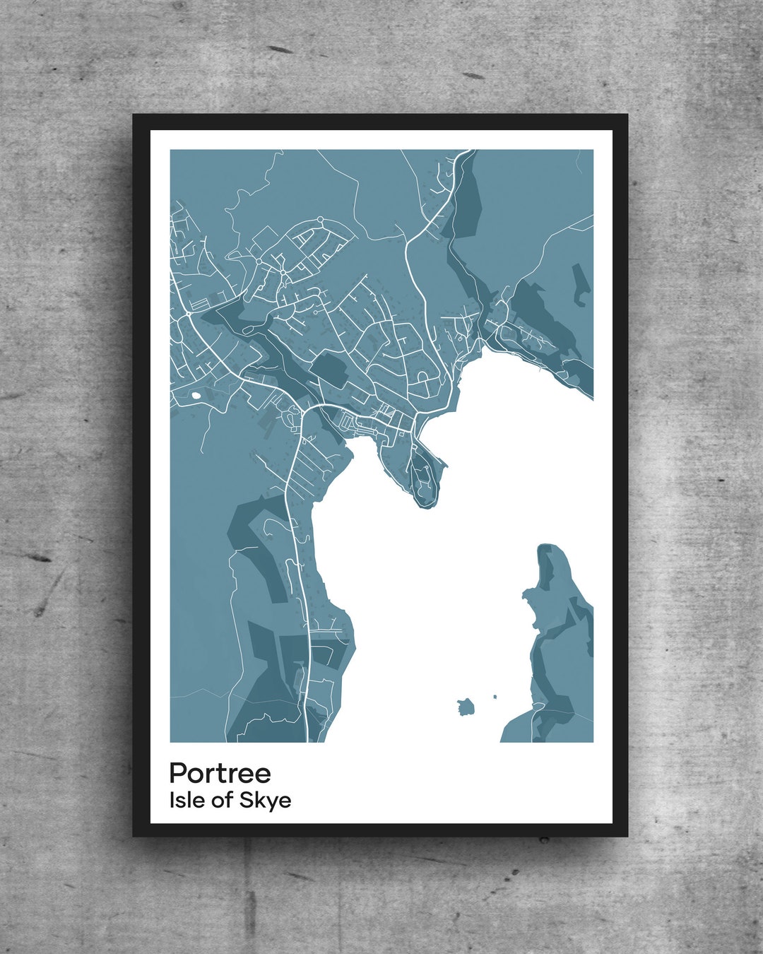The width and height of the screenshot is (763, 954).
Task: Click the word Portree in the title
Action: (220, 773)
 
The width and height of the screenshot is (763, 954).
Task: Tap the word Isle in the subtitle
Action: (183, 800)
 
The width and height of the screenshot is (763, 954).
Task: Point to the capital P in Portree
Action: (177, 773)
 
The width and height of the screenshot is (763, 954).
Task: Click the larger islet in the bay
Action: (465, 706)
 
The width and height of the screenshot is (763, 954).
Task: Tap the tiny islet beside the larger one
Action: (495, 697)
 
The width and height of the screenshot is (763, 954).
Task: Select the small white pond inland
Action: (194, 395)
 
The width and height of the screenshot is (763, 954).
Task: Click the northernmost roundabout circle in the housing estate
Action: (320, 220)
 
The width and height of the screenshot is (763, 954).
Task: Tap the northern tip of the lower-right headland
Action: (550, 548)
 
